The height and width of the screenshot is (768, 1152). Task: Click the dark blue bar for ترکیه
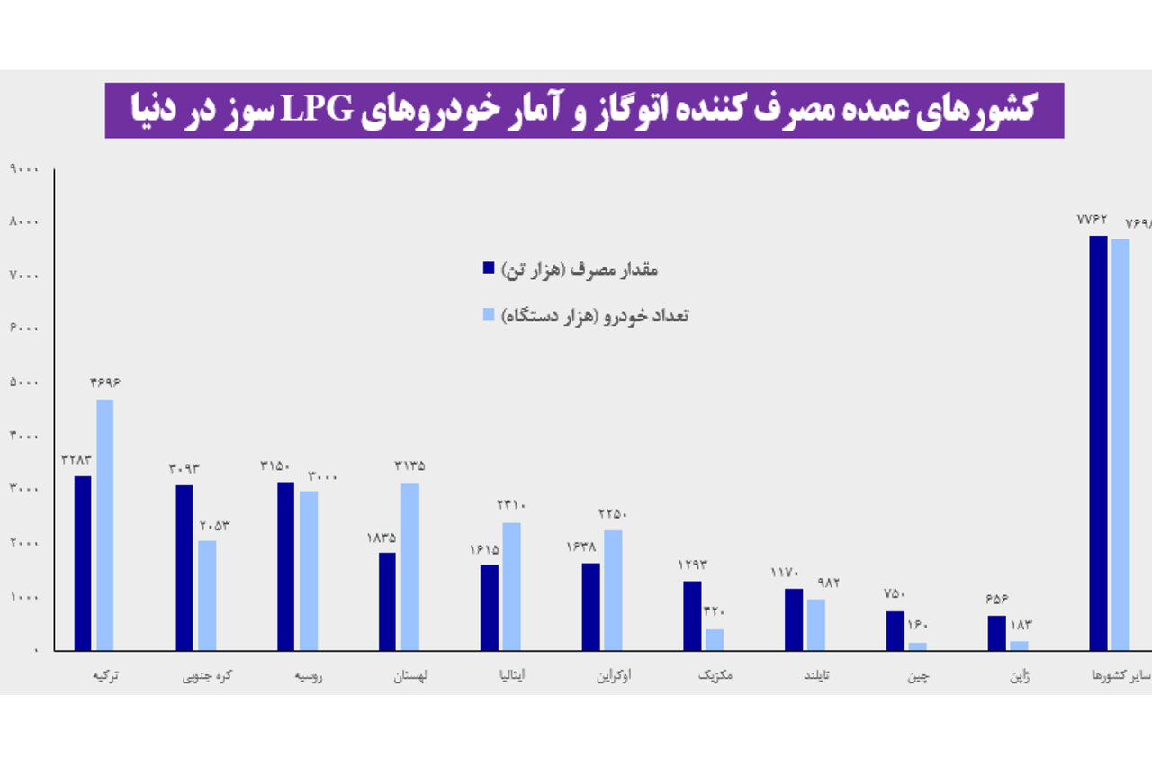(x=83, y=563)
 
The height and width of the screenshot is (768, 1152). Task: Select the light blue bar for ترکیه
(x=105, y=524)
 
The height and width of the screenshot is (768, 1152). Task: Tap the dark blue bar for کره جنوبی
(x=184, y=567)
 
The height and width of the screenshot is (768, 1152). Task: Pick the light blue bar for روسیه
(x=309, y=570)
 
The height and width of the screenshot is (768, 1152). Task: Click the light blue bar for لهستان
(x=410, y=566)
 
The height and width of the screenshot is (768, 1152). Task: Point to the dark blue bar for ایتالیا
(x=489, y=607)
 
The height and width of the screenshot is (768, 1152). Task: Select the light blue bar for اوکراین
(x=613, y=590)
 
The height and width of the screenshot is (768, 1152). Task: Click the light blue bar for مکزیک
(x=715, y=639)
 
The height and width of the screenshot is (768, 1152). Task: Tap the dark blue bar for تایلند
(x=793, y=619)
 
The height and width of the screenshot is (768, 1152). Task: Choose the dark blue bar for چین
(x=895, y=630)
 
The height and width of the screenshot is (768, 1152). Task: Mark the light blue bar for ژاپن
(x=1019, y=645)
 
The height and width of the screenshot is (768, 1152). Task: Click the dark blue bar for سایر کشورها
(x=1098, y=442)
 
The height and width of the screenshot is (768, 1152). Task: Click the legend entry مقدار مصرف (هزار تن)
(x=571, y=267)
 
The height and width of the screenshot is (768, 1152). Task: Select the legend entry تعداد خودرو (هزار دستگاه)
(x=586, y=314)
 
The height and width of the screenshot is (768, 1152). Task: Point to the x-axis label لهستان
(x=410, y=675)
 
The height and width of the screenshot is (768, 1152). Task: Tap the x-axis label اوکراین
(x=614, y=675)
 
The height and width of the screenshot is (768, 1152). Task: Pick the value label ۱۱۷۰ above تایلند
(x=785, y=573)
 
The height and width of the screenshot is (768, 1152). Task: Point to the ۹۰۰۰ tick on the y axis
(x=23, y=168)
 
